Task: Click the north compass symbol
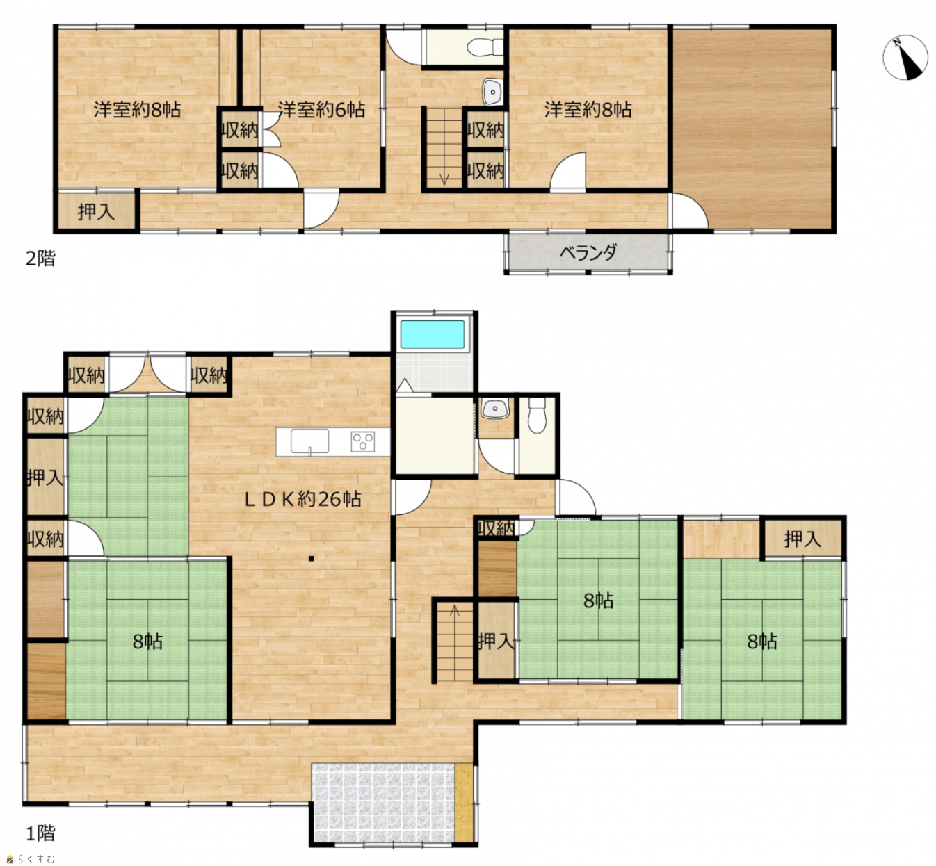[x=905, y=57]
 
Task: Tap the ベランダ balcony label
[x=588, y=253]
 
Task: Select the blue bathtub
[x=432, y=334]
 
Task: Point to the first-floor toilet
[x=537, y=415]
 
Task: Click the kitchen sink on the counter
[x=309, y=441]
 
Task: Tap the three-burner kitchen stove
[x=363, y=441]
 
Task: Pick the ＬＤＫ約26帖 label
[x=303, y=498]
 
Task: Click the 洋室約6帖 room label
[x=321, y=110]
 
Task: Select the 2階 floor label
[x=40, y=258]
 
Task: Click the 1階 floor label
[x=40, y=833]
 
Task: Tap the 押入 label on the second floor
[x=96, y=211]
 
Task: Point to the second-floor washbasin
[x=493, y=92]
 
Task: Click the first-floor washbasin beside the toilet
[x=495, y=408]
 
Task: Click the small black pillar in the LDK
[x=311, y=559]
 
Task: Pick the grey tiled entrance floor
[x=384, y=803]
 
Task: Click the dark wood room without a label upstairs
[x=752, y=128]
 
